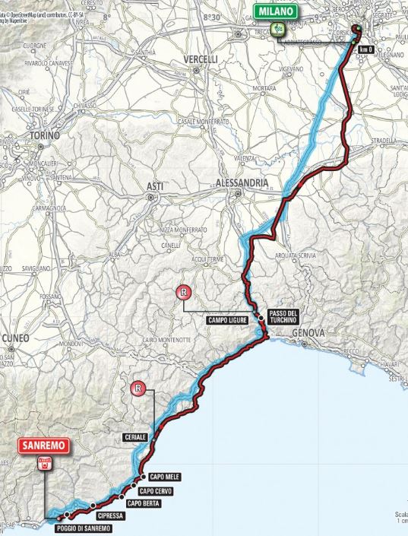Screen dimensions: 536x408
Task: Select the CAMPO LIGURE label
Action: click(x=229, y=320)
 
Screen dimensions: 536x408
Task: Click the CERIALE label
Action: click(x=134, y=437)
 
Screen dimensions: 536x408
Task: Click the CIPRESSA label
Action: click(x=110, y=515)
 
